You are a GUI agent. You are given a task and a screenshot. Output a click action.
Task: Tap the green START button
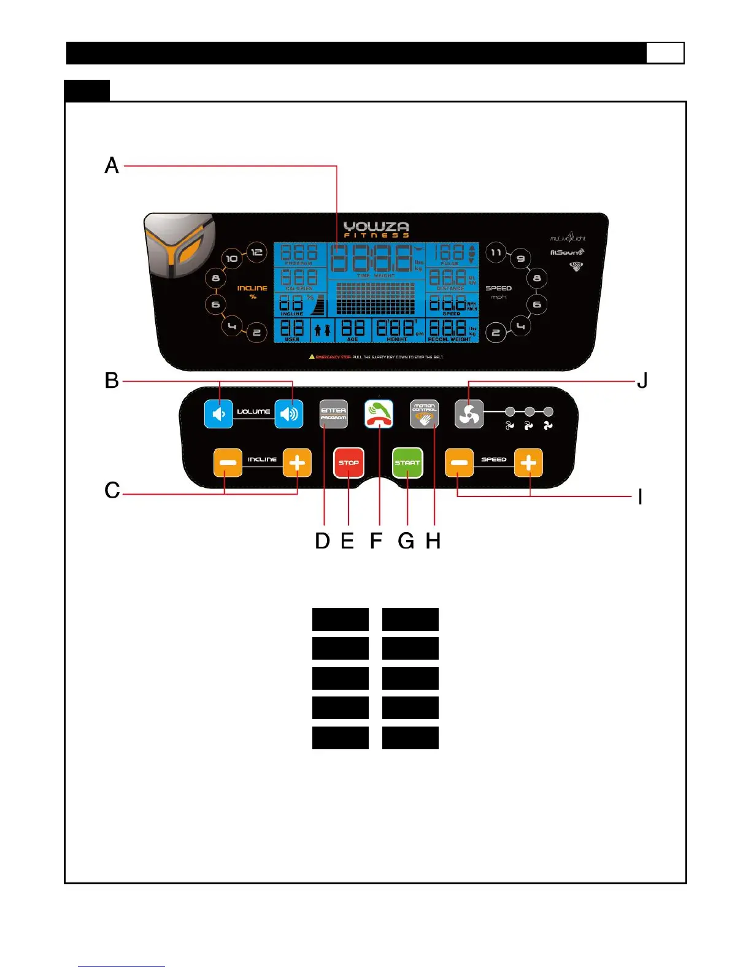coord(407,463)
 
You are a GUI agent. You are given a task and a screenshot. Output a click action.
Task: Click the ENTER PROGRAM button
coord(333,414)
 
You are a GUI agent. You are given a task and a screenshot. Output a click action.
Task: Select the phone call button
coord(379,414)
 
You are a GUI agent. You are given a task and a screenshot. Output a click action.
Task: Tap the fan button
coord(469,414)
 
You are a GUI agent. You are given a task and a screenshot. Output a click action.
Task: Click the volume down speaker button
coord(218,414)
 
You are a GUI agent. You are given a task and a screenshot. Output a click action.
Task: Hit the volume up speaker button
coord(288,414)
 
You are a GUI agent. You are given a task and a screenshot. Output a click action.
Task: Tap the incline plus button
coord(297,463)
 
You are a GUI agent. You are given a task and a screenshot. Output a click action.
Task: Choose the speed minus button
coord(459,463)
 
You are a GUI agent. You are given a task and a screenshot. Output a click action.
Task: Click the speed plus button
coord(528,463)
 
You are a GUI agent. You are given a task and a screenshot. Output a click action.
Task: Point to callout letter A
coord(112,166)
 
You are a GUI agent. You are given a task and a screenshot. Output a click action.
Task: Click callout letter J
coord(642,381)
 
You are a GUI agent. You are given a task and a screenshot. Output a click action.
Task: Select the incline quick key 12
coord(256,252)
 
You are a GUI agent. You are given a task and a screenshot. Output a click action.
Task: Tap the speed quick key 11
coord(496,252)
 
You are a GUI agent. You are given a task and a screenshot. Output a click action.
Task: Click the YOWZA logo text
coord(376,227)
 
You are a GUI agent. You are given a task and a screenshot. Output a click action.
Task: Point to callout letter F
coord(376,541)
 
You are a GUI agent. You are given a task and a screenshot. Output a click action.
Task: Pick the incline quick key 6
coord(215,305)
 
